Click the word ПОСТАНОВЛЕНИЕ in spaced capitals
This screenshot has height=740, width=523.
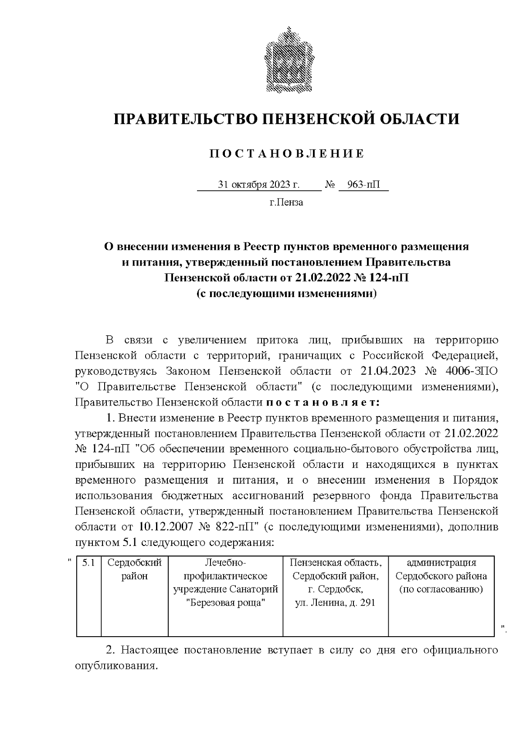coord(287,154)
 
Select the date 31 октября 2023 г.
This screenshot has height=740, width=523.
coord(259,185)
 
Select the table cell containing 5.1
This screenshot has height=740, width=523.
coord(88,563)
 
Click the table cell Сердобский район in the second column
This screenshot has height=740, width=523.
coord(135,569)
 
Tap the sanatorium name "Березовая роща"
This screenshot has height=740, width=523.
coord(225,603)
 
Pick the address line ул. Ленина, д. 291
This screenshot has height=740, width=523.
coord(335,603)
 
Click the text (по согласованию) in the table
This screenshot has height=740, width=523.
coord(441,590)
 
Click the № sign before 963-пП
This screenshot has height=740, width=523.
coord(329,185)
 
